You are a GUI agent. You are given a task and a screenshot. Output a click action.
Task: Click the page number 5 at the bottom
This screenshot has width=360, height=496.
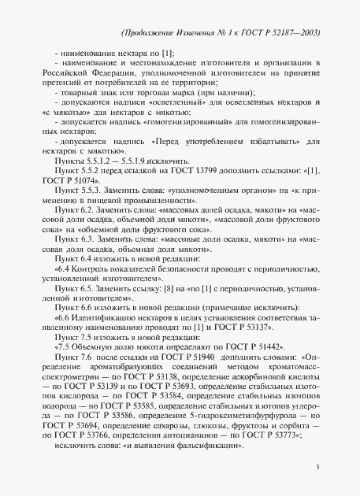coord(317,468)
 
